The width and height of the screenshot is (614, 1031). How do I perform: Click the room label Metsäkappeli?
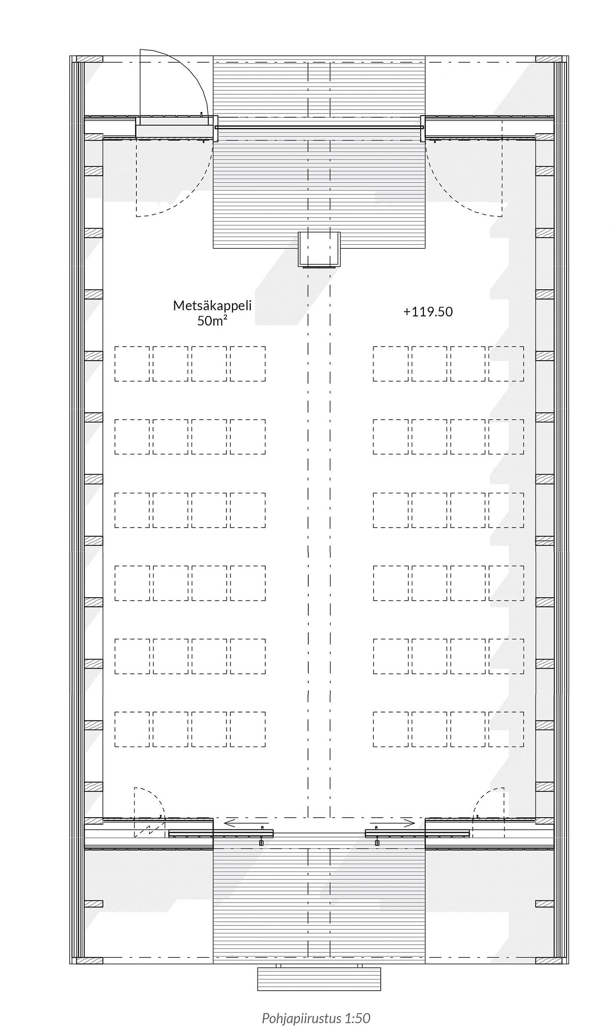tap(212, 305)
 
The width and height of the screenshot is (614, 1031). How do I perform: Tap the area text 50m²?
tap(212, 321)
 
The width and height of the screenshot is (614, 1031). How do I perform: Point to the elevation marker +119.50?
tap(428, 312)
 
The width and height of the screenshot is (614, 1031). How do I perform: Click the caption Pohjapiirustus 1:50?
tap(316, 1006)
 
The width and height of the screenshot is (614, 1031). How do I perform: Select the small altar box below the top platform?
tap(319, 249)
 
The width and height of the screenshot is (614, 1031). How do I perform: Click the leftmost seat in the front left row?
tap(132, 364)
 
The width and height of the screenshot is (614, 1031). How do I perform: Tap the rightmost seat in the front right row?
tap(506, 364)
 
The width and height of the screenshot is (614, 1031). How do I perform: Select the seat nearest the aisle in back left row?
tap(248, 729)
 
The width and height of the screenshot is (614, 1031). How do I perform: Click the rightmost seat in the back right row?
tap(506, 729)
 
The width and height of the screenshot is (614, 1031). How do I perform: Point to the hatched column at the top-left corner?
tap(89, 59)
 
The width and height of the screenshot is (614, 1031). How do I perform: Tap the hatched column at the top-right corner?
tap(549, 59)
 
